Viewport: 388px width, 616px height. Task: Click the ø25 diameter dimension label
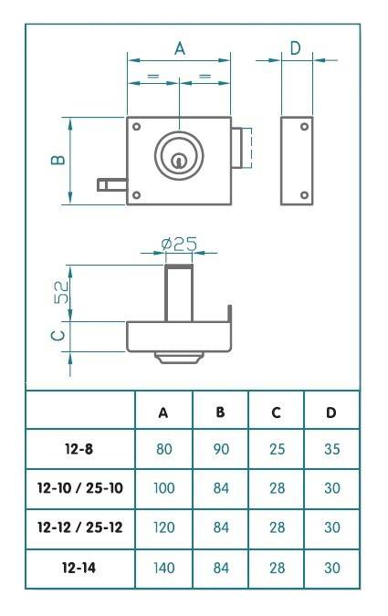click(x=179, y=245)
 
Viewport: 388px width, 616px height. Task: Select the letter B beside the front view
click(x=58, y=161)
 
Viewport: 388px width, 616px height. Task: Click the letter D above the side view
click(x=295, y=47)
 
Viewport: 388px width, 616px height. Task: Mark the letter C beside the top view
click(x=58, y=336)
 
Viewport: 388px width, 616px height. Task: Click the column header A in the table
click(x=163, y=412)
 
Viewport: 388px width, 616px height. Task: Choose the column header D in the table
click(x=331, y=412)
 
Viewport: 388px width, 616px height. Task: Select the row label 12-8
click(x=80, y=450)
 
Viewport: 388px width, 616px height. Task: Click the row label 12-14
click(x=80, y=567)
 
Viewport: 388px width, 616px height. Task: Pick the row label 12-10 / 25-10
click(x=80, y=488)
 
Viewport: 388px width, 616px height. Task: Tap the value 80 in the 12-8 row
click(x=163, y=450)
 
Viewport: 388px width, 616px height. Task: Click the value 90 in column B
click(x=220, y=450)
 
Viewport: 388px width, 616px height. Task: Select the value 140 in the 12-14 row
click(x=163, y=567)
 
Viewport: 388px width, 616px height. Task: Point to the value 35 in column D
click(x=331, y=450)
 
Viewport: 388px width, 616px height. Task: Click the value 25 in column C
click(x=276, y=450)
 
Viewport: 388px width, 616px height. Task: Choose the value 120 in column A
click(x=163, y=527)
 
